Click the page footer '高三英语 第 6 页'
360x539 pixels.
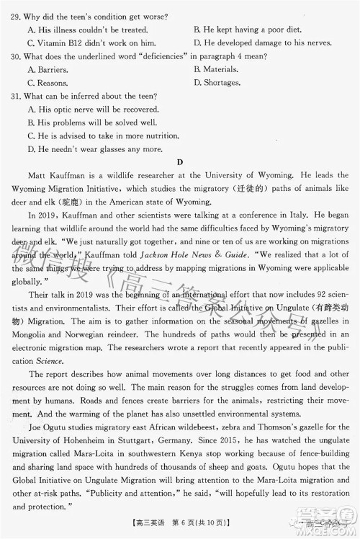pos(181,527)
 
